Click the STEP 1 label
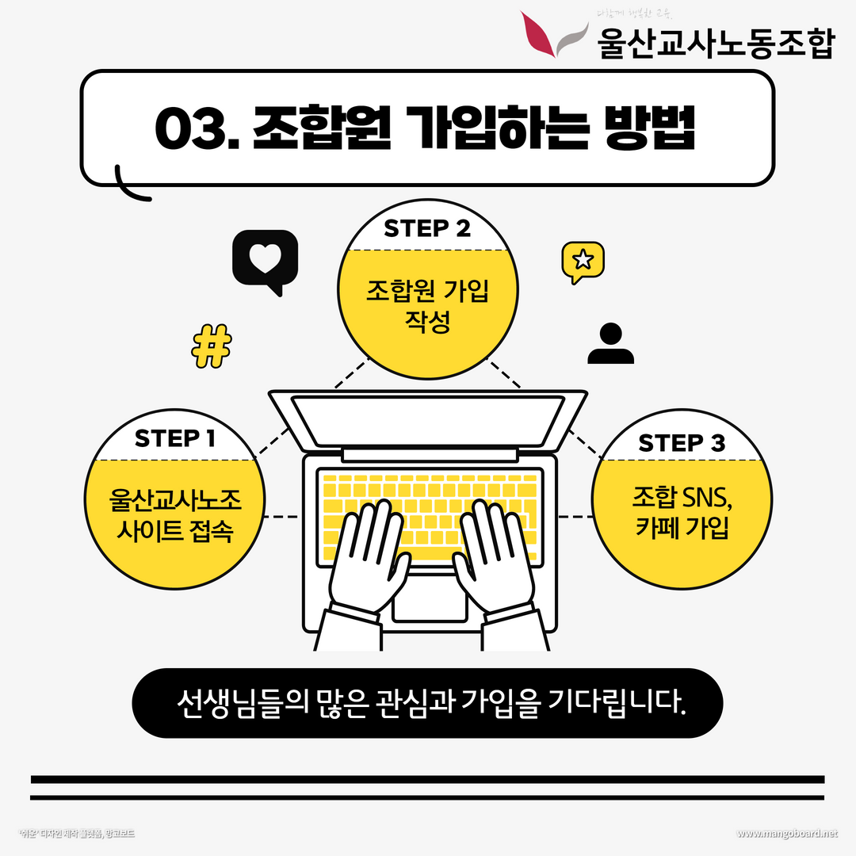(174, 438)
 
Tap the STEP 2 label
(427, 228)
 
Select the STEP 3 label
(682, 443)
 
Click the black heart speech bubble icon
(265, 259)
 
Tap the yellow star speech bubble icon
(583, 260)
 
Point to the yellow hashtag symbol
(212, 346)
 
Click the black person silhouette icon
(610, 345)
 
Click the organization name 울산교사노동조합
(717, 44)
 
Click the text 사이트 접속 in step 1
(174, 531)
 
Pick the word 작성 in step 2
(427, 323)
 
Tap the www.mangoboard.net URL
(786, 834)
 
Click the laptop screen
(428, 420)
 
